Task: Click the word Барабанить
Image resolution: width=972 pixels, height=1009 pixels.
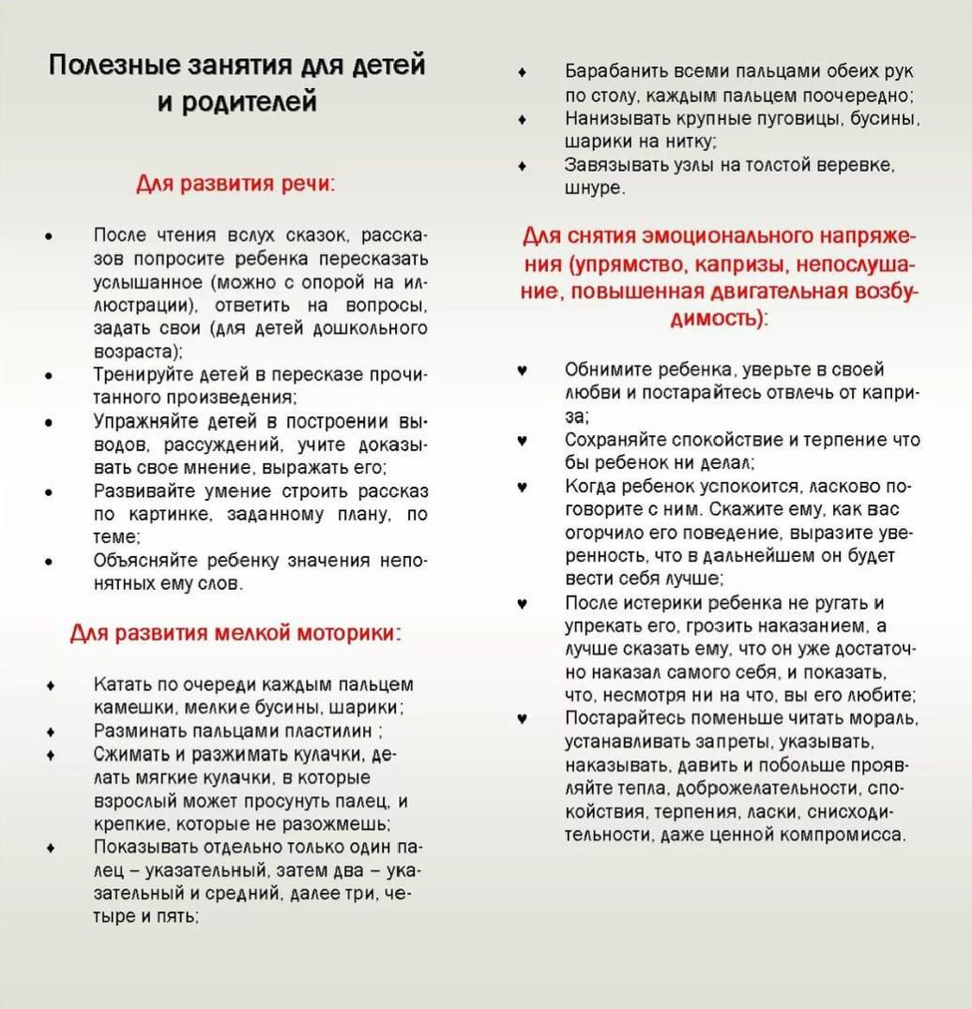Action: point(610,71)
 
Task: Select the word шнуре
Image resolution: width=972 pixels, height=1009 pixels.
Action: point(593,188)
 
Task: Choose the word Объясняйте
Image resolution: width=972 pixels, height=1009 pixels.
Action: point(142,561)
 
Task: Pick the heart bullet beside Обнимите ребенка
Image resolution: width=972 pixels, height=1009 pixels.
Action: point(523,370)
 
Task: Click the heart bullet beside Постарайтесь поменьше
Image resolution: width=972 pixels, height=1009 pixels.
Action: point(523,719)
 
